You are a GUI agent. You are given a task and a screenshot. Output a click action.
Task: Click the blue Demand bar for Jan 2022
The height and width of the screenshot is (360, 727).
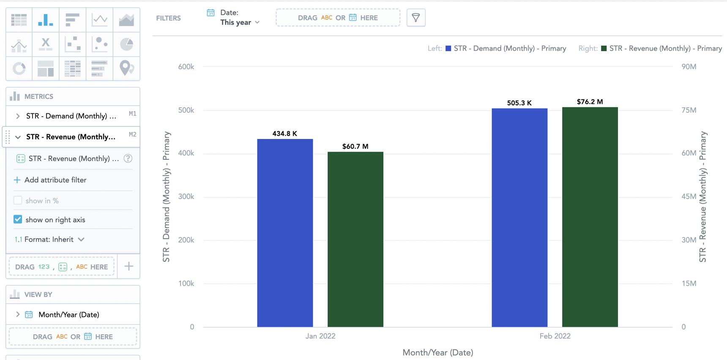point(285,232)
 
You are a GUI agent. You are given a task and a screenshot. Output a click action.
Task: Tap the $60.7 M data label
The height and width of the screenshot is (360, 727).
point(355,146)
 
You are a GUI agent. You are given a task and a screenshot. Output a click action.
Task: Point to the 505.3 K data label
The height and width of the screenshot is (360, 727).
point(519,103)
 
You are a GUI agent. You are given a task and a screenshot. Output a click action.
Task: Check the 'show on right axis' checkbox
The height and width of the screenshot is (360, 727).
point(18,219)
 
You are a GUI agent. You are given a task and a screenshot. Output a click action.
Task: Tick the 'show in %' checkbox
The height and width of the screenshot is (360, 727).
point(18,200)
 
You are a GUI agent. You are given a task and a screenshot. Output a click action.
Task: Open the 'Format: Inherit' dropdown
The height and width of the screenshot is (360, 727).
point(54,239)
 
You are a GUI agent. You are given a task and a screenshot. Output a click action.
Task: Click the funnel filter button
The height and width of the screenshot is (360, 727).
point(415,18)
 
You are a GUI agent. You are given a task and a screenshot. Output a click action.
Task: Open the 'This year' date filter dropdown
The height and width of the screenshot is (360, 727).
point(240,22)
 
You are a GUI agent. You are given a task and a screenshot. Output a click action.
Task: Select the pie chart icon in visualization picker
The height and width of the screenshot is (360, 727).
point(126,44)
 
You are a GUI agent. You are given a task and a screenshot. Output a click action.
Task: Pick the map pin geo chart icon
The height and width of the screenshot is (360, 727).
point(126,68)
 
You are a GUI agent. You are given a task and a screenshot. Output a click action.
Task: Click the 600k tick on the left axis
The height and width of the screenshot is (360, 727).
point(186,67)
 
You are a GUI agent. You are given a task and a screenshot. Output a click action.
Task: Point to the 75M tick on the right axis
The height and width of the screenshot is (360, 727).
point(689,110)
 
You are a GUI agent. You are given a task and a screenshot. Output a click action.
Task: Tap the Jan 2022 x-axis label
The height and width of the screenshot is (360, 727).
point(320,336)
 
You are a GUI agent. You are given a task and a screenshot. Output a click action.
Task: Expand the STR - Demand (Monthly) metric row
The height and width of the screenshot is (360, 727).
point(18,116)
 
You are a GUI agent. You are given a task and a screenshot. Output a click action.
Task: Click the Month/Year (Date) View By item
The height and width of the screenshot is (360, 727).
point(68,314)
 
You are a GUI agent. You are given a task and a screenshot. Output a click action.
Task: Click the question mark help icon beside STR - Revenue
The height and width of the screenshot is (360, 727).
point(128,158)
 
